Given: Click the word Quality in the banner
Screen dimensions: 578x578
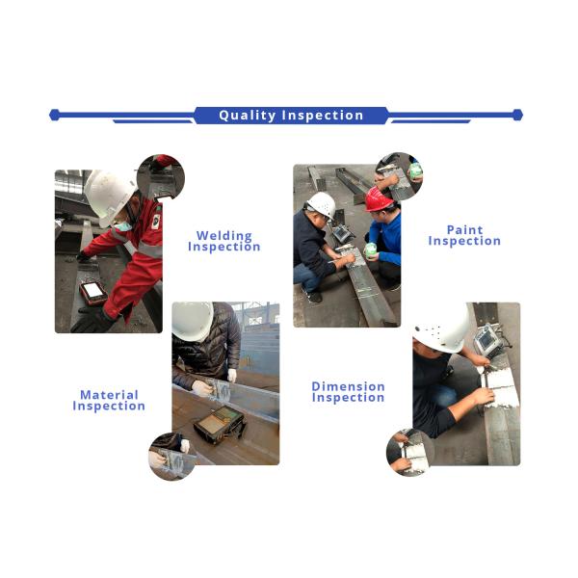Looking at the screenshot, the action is coord(247,116).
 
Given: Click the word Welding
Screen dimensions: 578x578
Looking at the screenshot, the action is coord(224,236).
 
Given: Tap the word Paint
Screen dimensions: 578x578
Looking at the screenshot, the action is coord(464,230).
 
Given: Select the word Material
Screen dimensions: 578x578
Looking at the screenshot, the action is coord(109,395).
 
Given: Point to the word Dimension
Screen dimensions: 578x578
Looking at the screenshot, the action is coord(349,386).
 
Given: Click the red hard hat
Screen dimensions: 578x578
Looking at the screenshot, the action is coord(378,199).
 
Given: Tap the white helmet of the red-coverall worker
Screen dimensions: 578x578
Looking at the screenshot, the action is coord(109,197).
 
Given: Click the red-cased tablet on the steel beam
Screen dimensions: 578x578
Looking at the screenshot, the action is coord(93,293).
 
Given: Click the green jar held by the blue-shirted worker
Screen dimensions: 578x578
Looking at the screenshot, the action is coord(370,250).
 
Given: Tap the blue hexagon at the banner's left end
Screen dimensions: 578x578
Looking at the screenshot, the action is coord(55,115).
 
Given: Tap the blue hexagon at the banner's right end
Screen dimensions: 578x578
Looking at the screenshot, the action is coord(517,115).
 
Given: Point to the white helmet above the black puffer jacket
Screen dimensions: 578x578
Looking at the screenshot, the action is coord(193,320).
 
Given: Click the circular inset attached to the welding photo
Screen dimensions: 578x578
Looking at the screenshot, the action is coord(161,177).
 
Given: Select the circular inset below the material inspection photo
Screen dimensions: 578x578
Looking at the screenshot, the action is coord(172,457).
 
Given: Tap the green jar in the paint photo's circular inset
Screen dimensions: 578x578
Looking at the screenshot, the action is coord(415,171).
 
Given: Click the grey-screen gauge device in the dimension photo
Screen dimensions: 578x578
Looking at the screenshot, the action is coord(487,340).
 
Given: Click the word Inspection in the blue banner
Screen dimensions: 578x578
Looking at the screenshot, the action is coord(323,116).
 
